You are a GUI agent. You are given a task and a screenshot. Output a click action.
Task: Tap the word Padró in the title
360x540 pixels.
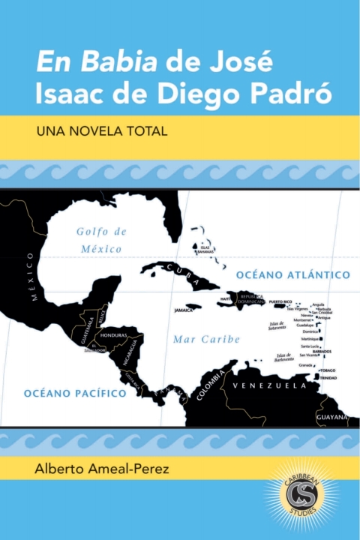point(299,94)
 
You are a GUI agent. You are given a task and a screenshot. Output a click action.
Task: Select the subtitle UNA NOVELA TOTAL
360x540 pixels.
point(100,130)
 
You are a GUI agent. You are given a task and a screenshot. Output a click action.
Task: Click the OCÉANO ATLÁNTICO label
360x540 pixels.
point(293,275)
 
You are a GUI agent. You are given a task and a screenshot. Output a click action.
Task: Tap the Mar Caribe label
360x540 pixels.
point(206,339)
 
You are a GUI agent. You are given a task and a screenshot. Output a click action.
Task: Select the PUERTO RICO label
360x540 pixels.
point(280,301)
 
